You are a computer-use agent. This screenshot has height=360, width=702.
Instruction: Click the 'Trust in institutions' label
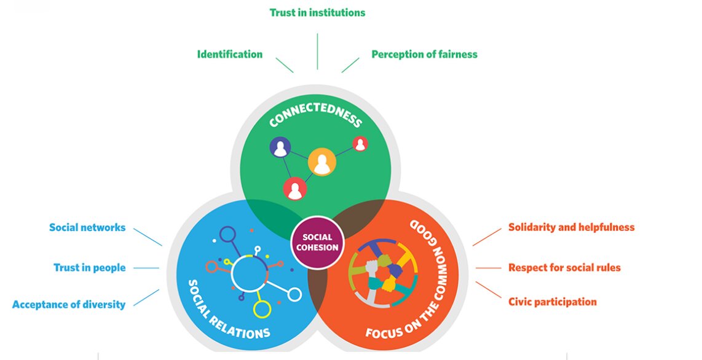tap(317, 12)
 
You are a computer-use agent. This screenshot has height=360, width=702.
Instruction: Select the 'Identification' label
tap(229, 54)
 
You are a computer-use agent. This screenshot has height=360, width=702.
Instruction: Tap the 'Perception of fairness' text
tap(424, 54)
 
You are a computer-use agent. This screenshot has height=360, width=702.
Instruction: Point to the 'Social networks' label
tap(87, 227)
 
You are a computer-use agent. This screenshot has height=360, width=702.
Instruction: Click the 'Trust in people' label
tap(90, 268)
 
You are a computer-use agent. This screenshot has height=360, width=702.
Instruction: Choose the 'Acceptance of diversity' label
tap(69, 304)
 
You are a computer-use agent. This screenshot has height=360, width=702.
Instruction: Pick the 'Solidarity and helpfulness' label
tap(571, 227)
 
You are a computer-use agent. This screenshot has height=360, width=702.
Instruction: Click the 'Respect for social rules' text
tap(564, 268)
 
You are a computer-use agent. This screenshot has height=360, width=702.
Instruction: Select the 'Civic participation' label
tap(552, 302)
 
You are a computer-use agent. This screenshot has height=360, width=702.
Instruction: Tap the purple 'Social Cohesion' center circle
tap(317, 242)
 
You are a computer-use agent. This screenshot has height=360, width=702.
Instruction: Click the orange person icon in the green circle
tap(322, 162)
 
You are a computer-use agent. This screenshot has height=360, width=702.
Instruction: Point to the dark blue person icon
tap(281, 147)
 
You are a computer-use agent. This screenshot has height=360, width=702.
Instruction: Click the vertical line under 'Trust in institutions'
tap(317, 51)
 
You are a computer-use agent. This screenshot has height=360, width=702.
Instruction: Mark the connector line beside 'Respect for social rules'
tap(489, 268)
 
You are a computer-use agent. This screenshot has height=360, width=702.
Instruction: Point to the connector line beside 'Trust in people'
tap(146, 268)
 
